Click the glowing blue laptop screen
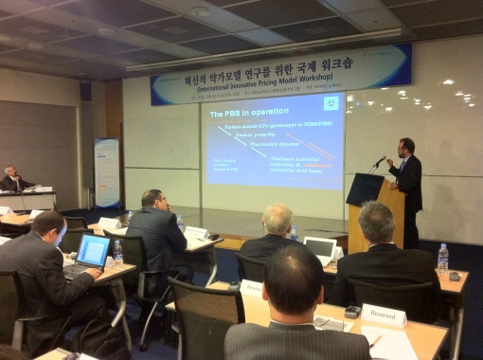tap(93, 251)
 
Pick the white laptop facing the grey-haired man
tap(319, 249)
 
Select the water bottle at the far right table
tap(442, 259)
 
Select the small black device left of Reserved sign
tap(352, 311)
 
